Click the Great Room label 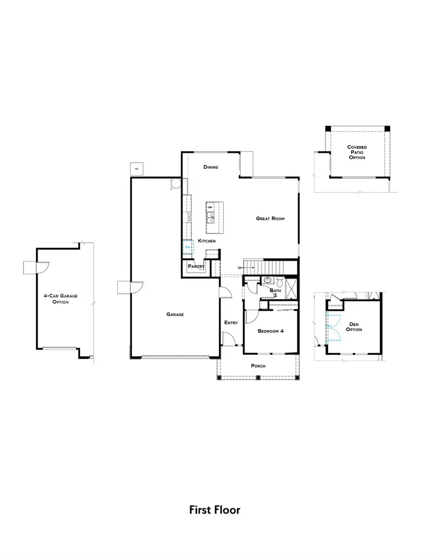(270, 219)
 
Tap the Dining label (211, 167)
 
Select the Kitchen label (206, 241)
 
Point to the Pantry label (196, 267)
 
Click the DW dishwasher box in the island (210, 207)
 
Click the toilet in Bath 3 (279, 282)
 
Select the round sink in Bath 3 (267, 281)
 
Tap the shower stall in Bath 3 (291, 288)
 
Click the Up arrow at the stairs (241, 268)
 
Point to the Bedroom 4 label (270, 331)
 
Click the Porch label (258, 366)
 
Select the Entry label (231, 323)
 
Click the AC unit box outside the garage (137, 169)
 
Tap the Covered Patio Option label (357, 152)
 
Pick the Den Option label (354, 327)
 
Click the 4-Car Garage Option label (61, 299)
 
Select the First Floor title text (215, 510)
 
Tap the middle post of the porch (258, 377)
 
